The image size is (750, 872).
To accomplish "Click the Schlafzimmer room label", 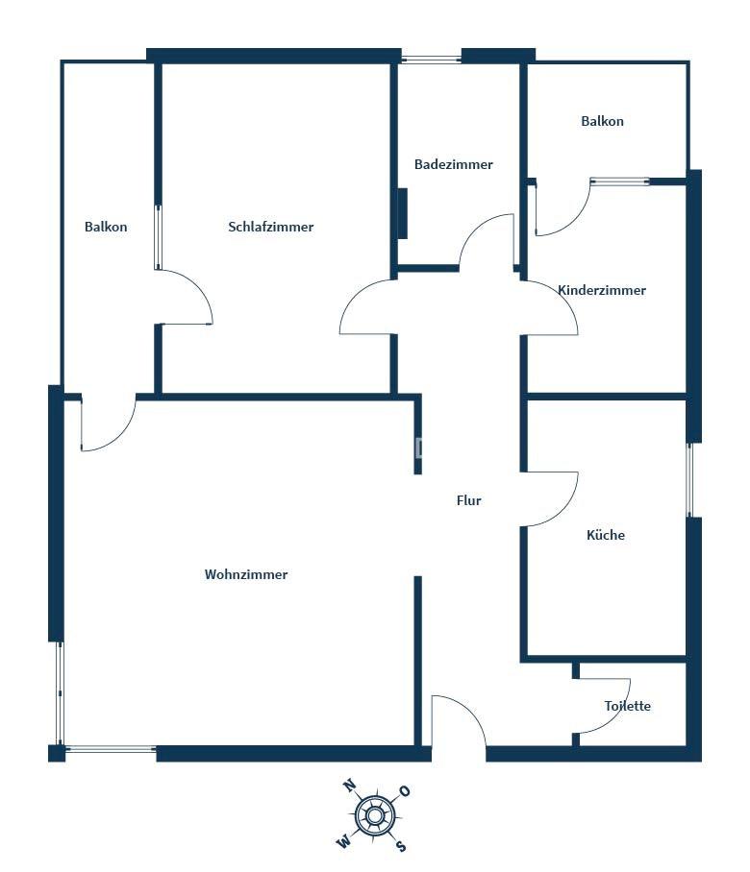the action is [x=270, y=227].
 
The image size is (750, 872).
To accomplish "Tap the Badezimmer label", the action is [x=453, y=164].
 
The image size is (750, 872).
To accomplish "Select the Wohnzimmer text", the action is [x=246, y=574].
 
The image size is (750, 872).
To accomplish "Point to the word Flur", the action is [x=468, y=500].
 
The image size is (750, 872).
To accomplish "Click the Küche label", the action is [x=605, y=535].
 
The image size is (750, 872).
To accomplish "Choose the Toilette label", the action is [x=628, y=706].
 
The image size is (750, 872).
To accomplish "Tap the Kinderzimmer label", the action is [x=602, y=290].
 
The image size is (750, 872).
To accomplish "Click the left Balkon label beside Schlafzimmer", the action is [x=106, y=227].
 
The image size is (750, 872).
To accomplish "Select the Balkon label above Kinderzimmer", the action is [x=602, y=121].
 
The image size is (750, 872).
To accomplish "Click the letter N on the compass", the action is [x=349, y=786].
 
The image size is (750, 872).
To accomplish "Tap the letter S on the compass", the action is [x=401, y=846].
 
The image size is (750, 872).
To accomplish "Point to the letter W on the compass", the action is [x=344, y=842].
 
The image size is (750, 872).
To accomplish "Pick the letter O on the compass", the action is [x=405, y=790].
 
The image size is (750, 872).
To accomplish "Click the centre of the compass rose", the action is [x=375, y=816].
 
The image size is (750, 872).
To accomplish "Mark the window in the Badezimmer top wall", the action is [x=432, y=58].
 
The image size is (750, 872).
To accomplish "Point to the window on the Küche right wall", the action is [x=689, y=480].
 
